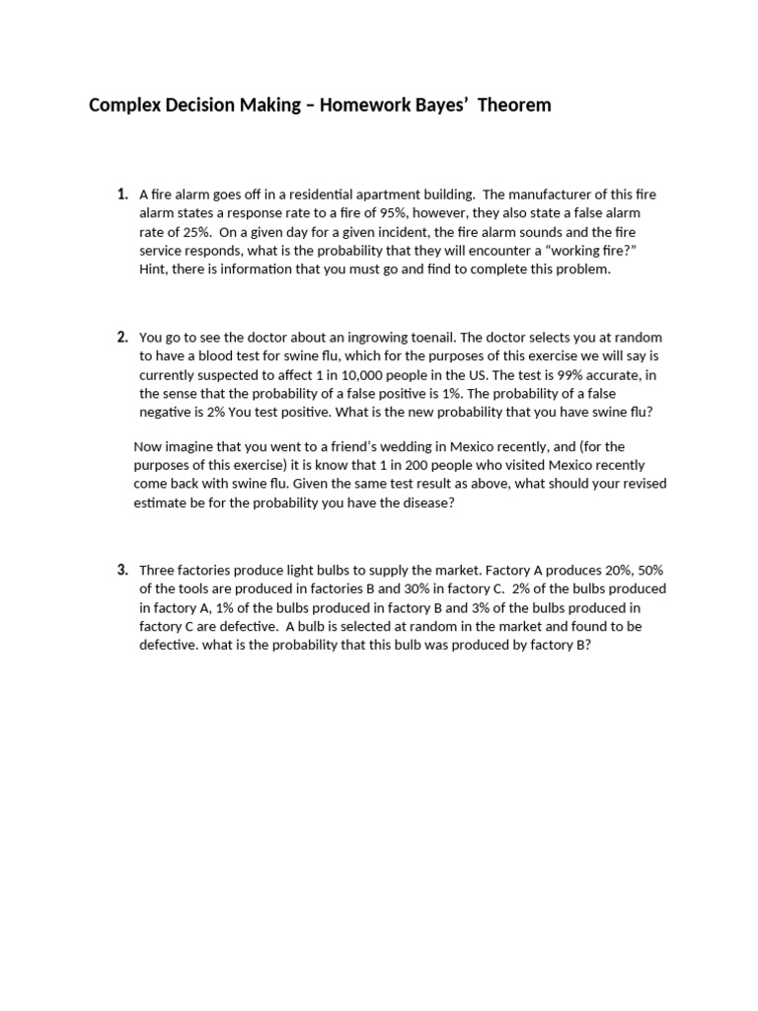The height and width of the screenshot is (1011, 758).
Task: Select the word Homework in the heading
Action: pos(360,105)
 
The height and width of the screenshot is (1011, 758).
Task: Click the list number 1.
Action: pos(122,194)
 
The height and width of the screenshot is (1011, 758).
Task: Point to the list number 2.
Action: pos(122,337)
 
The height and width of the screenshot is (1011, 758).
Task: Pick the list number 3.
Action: pos(122,570)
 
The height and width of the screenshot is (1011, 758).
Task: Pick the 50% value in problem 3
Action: pos(649,571)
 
